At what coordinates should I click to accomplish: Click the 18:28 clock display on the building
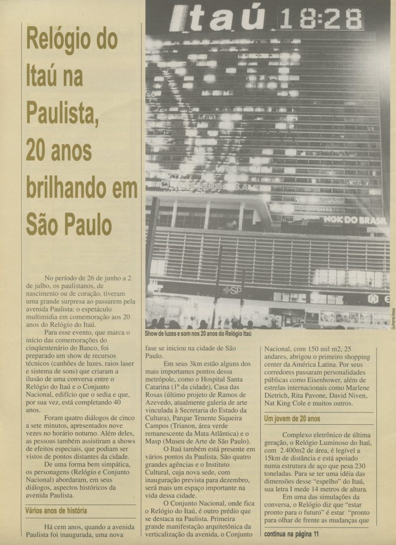point(320,20)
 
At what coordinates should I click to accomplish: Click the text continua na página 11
point(298,533)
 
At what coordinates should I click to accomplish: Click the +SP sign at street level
point(232,290)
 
